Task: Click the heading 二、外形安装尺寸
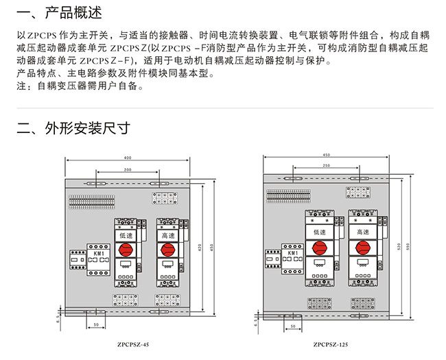click(73, 128)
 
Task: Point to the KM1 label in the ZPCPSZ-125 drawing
click(292, 254)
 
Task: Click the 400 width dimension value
click(128, 157)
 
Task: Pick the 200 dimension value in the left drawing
click(128, 169)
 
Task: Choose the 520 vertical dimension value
click(398, 245)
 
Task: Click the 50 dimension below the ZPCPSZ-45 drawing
click(95, 324)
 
